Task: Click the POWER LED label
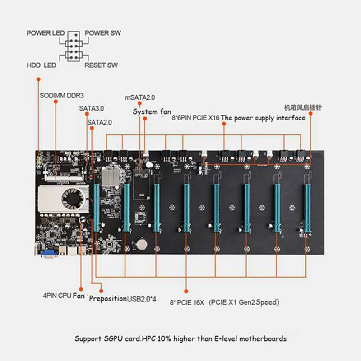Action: tap(46, 33)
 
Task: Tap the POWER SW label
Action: tap(103, 33)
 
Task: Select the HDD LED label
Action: tap(41, 65)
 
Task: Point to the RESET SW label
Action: tap(101, 65)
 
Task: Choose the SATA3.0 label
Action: tap(92, 108)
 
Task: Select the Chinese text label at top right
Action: tap(302, 108)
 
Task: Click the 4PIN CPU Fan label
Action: tap(64, 296)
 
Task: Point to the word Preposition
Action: tap(107, 298)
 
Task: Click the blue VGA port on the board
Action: tap(47, 254)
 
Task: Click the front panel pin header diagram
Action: tap(73, 49)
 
